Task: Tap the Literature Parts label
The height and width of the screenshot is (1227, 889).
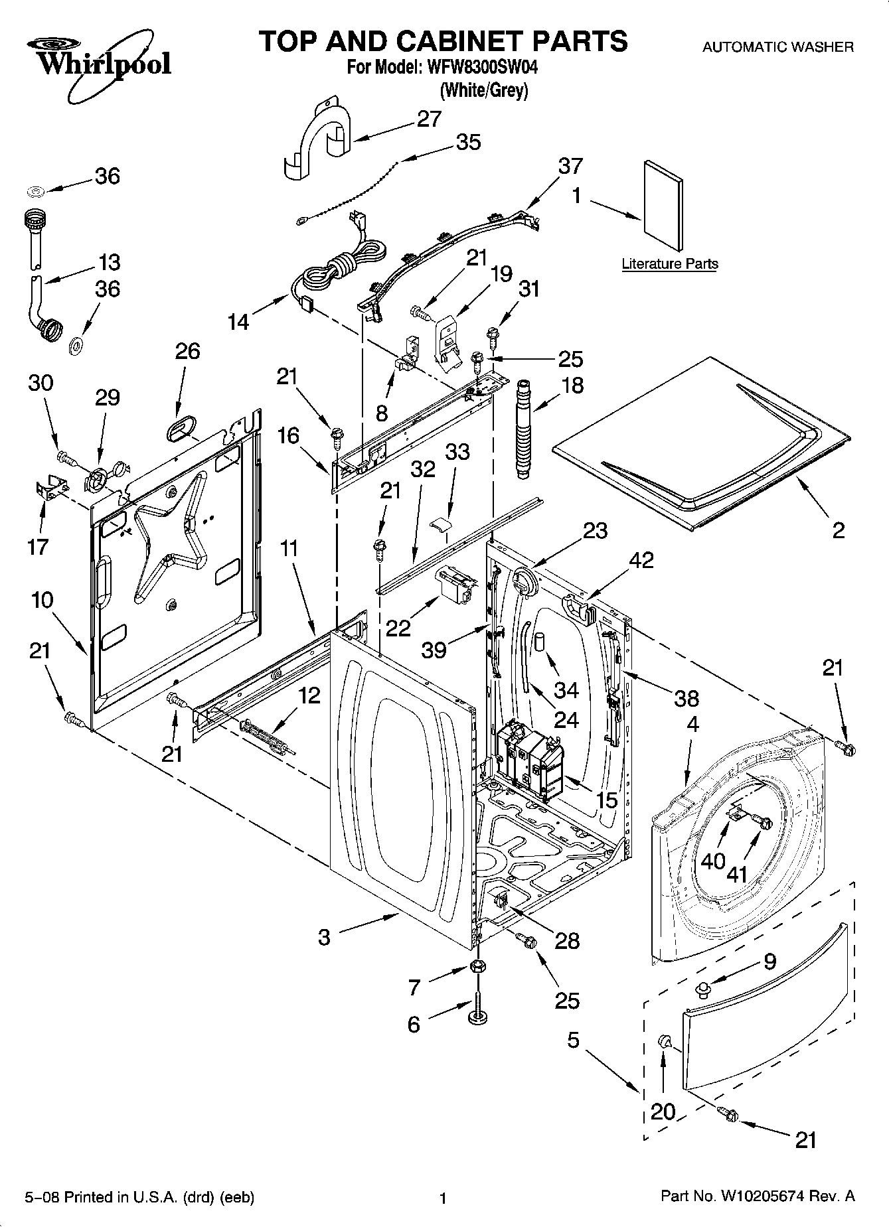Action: (669, 264)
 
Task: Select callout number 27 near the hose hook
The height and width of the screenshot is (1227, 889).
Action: (429, 119)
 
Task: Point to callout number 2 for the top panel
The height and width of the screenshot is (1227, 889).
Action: (839, 530)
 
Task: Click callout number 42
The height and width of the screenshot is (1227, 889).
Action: (641, 560)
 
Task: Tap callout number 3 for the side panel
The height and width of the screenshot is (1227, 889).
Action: (324, 937)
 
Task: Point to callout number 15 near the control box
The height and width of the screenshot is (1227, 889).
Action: (607, 800)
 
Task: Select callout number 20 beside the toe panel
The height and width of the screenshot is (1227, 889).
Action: (663, 1111)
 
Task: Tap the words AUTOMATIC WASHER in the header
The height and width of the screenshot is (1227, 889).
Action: (777, 47)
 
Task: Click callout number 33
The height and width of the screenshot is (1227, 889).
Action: (457, 452)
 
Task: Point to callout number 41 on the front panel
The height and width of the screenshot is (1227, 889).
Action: (737, 874)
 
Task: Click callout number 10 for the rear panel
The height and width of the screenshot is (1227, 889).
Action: (42, 600)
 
